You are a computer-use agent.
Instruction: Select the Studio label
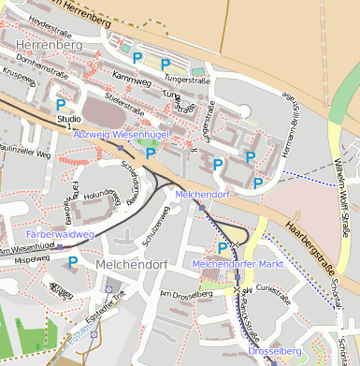coord(68,120)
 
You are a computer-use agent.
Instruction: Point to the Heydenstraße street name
coord(52,20)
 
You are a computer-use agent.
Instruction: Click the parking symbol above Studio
coord(62,105)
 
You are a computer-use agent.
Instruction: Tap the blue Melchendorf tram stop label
coord(202,194)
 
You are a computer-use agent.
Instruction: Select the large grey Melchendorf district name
coord(131,266)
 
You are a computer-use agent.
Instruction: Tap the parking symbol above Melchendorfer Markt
coord(223,247)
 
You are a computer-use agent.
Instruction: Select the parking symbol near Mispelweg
coord(72,262)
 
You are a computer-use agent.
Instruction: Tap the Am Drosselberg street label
coord(186,294)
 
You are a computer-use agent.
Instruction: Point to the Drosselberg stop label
coord(274,351)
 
